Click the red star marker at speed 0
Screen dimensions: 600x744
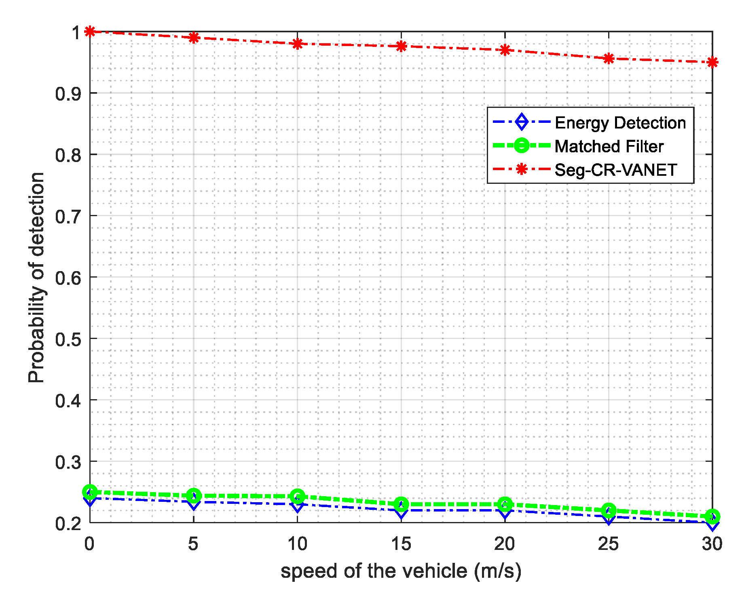tap(90, 32)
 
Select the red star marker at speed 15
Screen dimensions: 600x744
tap(401, 46)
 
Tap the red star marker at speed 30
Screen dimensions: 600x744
tap(712, 62)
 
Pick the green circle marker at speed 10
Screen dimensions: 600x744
tap(298, 496)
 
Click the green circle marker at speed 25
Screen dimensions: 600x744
tap(609, 510)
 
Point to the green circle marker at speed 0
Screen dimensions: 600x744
tap(90, 492)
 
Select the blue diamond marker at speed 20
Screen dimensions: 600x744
tap(505, 511)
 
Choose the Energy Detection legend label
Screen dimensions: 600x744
tap(620, 122)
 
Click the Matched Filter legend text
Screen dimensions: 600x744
tap(609, 146)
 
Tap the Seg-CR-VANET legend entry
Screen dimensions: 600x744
tap(615, 170)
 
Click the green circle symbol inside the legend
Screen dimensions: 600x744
tap(522, 145)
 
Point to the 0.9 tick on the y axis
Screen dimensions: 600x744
tap(68, 94)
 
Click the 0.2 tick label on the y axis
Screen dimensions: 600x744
tap(68, 524)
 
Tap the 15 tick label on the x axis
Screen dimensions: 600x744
tap(401, 544)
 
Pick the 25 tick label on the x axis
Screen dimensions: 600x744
tap(609, 544)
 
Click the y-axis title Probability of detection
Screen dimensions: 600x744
tap(36, 277)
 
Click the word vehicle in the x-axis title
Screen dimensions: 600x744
tap(435, 571)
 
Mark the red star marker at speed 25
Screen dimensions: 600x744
tap(609, 59)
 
